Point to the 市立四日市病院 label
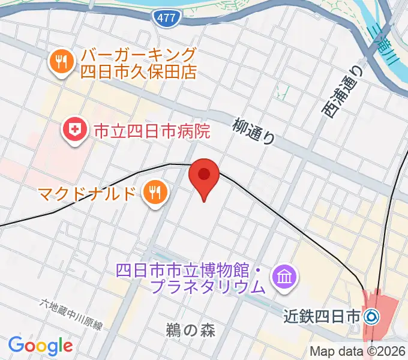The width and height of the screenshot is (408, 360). pos(151,130)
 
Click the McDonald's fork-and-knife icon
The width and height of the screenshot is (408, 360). pos(155,193)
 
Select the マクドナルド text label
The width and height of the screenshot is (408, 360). pos(88,193)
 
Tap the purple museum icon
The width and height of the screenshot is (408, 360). pos(283,277)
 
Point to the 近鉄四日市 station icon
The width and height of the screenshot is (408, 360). pos(372,316)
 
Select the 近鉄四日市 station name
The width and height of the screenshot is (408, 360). pos(323,316)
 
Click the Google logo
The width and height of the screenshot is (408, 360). pos(40,345)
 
